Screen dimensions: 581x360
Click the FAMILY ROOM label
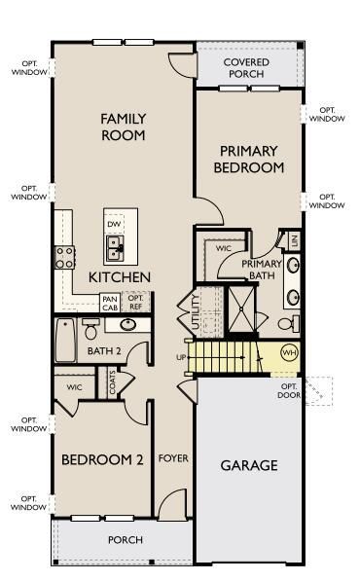coord(123,127)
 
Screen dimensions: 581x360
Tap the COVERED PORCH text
coord(246,68)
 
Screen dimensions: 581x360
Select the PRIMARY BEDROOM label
coord(251,159)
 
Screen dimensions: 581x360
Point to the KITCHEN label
coord(120,277)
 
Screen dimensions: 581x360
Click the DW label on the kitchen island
coord(114,225)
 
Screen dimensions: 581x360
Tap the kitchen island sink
coord(116,251)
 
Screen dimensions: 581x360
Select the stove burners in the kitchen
coord(65,257)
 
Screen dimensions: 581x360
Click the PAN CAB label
coord(109,304)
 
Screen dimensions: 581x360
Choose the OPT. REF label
coord(135,304)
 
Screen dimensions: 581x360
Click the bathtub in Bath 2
coord(66,341)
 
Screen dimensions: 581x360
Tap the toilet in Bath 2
coord(90,328)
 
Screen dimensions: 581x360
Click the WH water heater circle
coord(289,352)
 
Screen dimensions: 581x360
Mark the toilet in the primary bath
coord(289,322)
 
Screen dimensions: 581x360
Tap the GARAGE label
coord(251,465)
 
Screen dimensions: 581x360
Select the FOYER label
coord(173,457)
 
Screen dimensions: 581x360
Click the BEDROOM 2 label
coord(102,459)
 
